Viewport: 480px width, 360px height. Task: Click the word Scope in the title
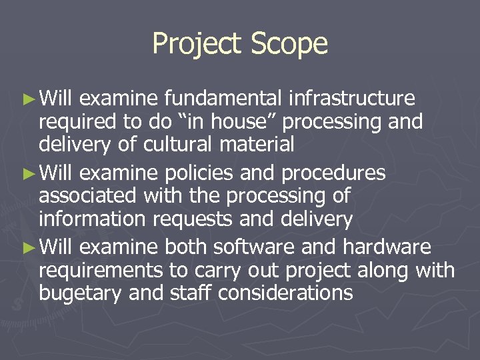coord(290,44)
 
